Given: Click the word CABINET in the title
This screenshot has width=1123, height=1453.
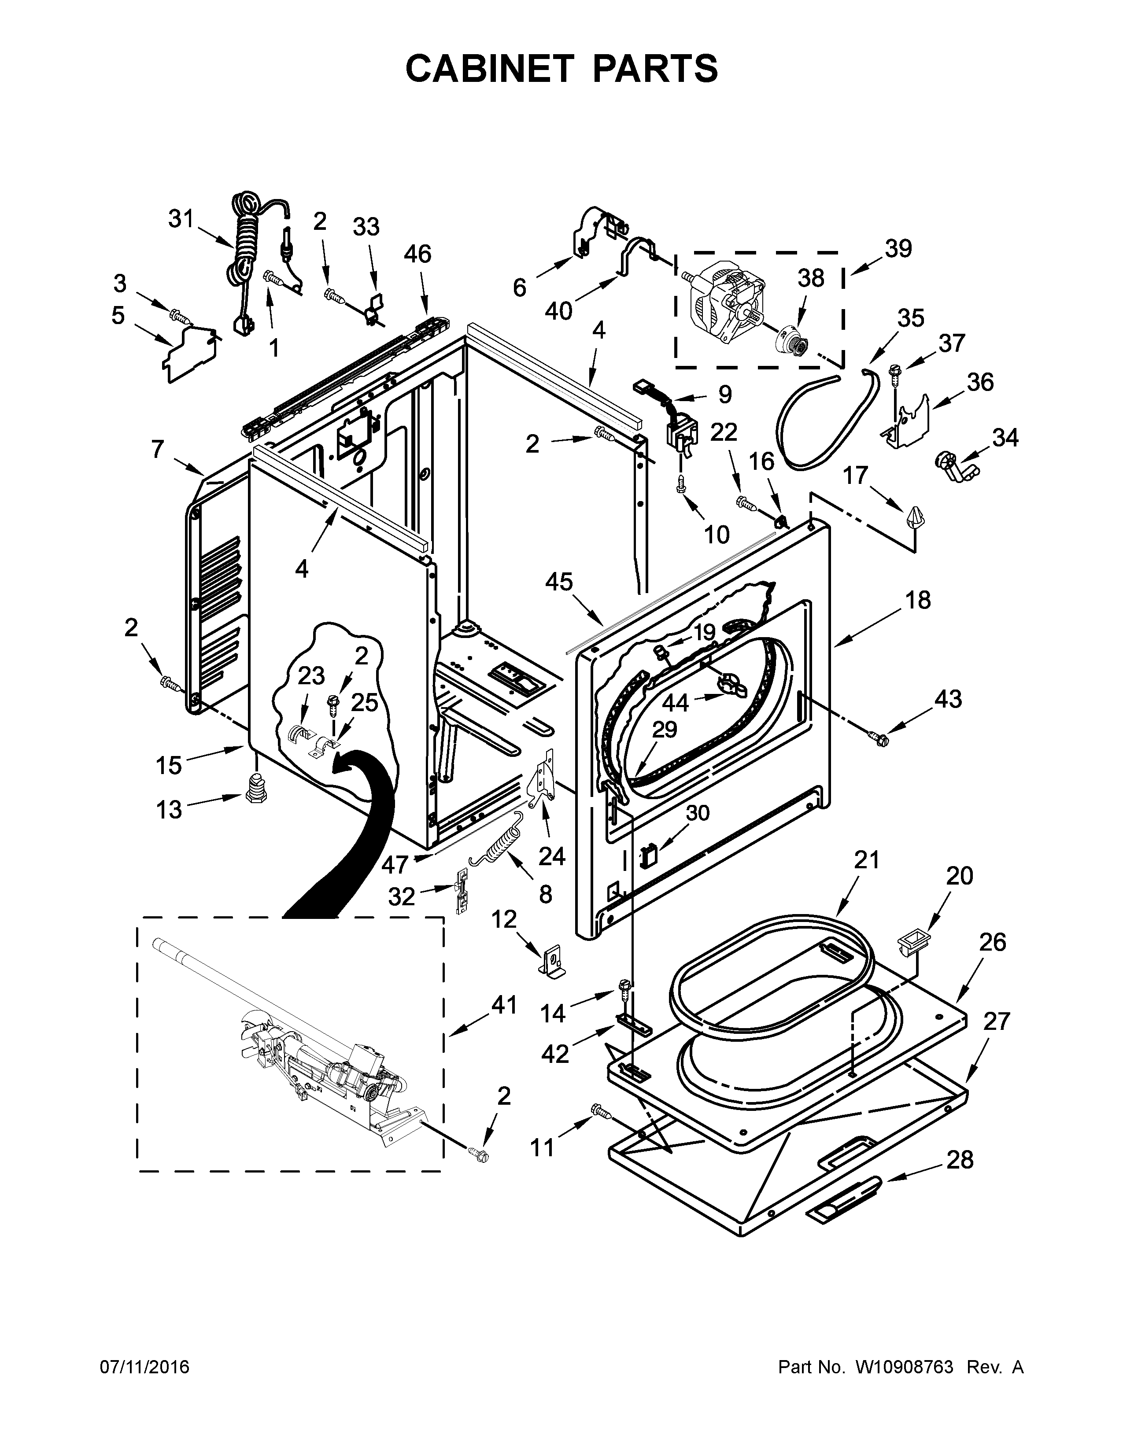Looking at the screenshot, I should click(489, 68).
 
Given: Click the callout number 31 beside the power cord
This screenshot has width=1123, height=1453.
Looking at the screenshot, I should click(180, 218).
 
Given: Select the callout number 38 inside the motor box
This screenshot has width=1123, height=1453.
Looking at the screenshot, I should click(810, 278).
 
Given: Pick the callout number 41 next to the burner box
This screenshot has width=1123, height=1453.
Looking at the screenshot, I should click(504, 1005).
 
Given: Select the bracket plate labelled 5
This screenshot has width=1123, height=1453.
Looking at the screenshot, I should click(190, 353).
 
